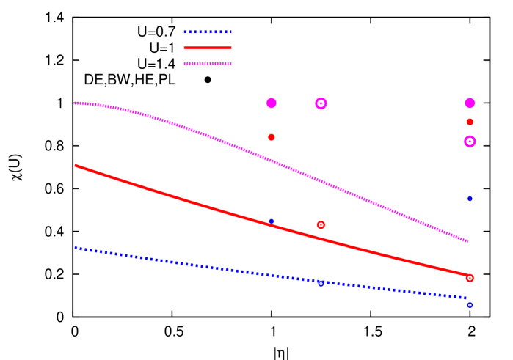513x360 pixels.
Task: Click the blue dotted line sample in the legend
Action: point(207,32)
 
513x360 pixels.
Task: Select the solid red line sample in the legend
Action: point(207,48)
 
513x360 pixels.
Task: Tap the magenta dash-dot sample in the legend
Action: point(207,64)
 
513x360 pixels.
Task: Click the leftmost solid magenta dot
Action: point(272,103)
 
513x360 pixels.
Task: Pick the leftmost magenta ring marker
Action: point(321,103)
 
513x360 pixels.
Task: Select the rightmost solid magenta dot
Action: point(470,103)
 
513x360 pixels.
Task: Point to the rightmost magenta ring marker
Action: point(470,142)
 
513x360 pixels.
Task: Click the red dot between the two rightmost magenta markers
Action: point(470,122)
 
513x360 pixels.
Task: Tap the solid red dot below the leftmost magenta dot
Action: point(272,137)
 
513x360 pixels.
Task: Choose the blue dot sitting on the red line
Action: point(271,221)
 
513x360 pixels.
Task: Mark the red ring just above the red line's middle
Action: point(321,224)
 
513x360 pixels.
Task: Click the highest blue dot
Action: point(470,199)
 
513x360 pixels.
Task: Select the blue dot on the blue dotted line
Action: point(321,283)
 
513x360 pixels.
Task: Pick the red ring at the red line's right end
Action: point(470,278)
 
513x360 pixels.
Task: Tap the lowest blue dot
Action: point(470,304)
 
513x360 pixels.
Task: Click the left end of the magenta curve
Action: point(76,103)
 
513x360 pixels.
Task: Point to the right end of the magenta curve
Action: point(467,240)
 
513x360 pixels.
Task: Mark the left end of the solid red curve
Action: point(76,165)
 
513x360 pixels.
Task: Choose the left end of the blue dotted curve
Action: point(76,247)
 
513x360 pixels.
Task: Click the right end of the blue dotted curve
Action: point(467,298)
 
